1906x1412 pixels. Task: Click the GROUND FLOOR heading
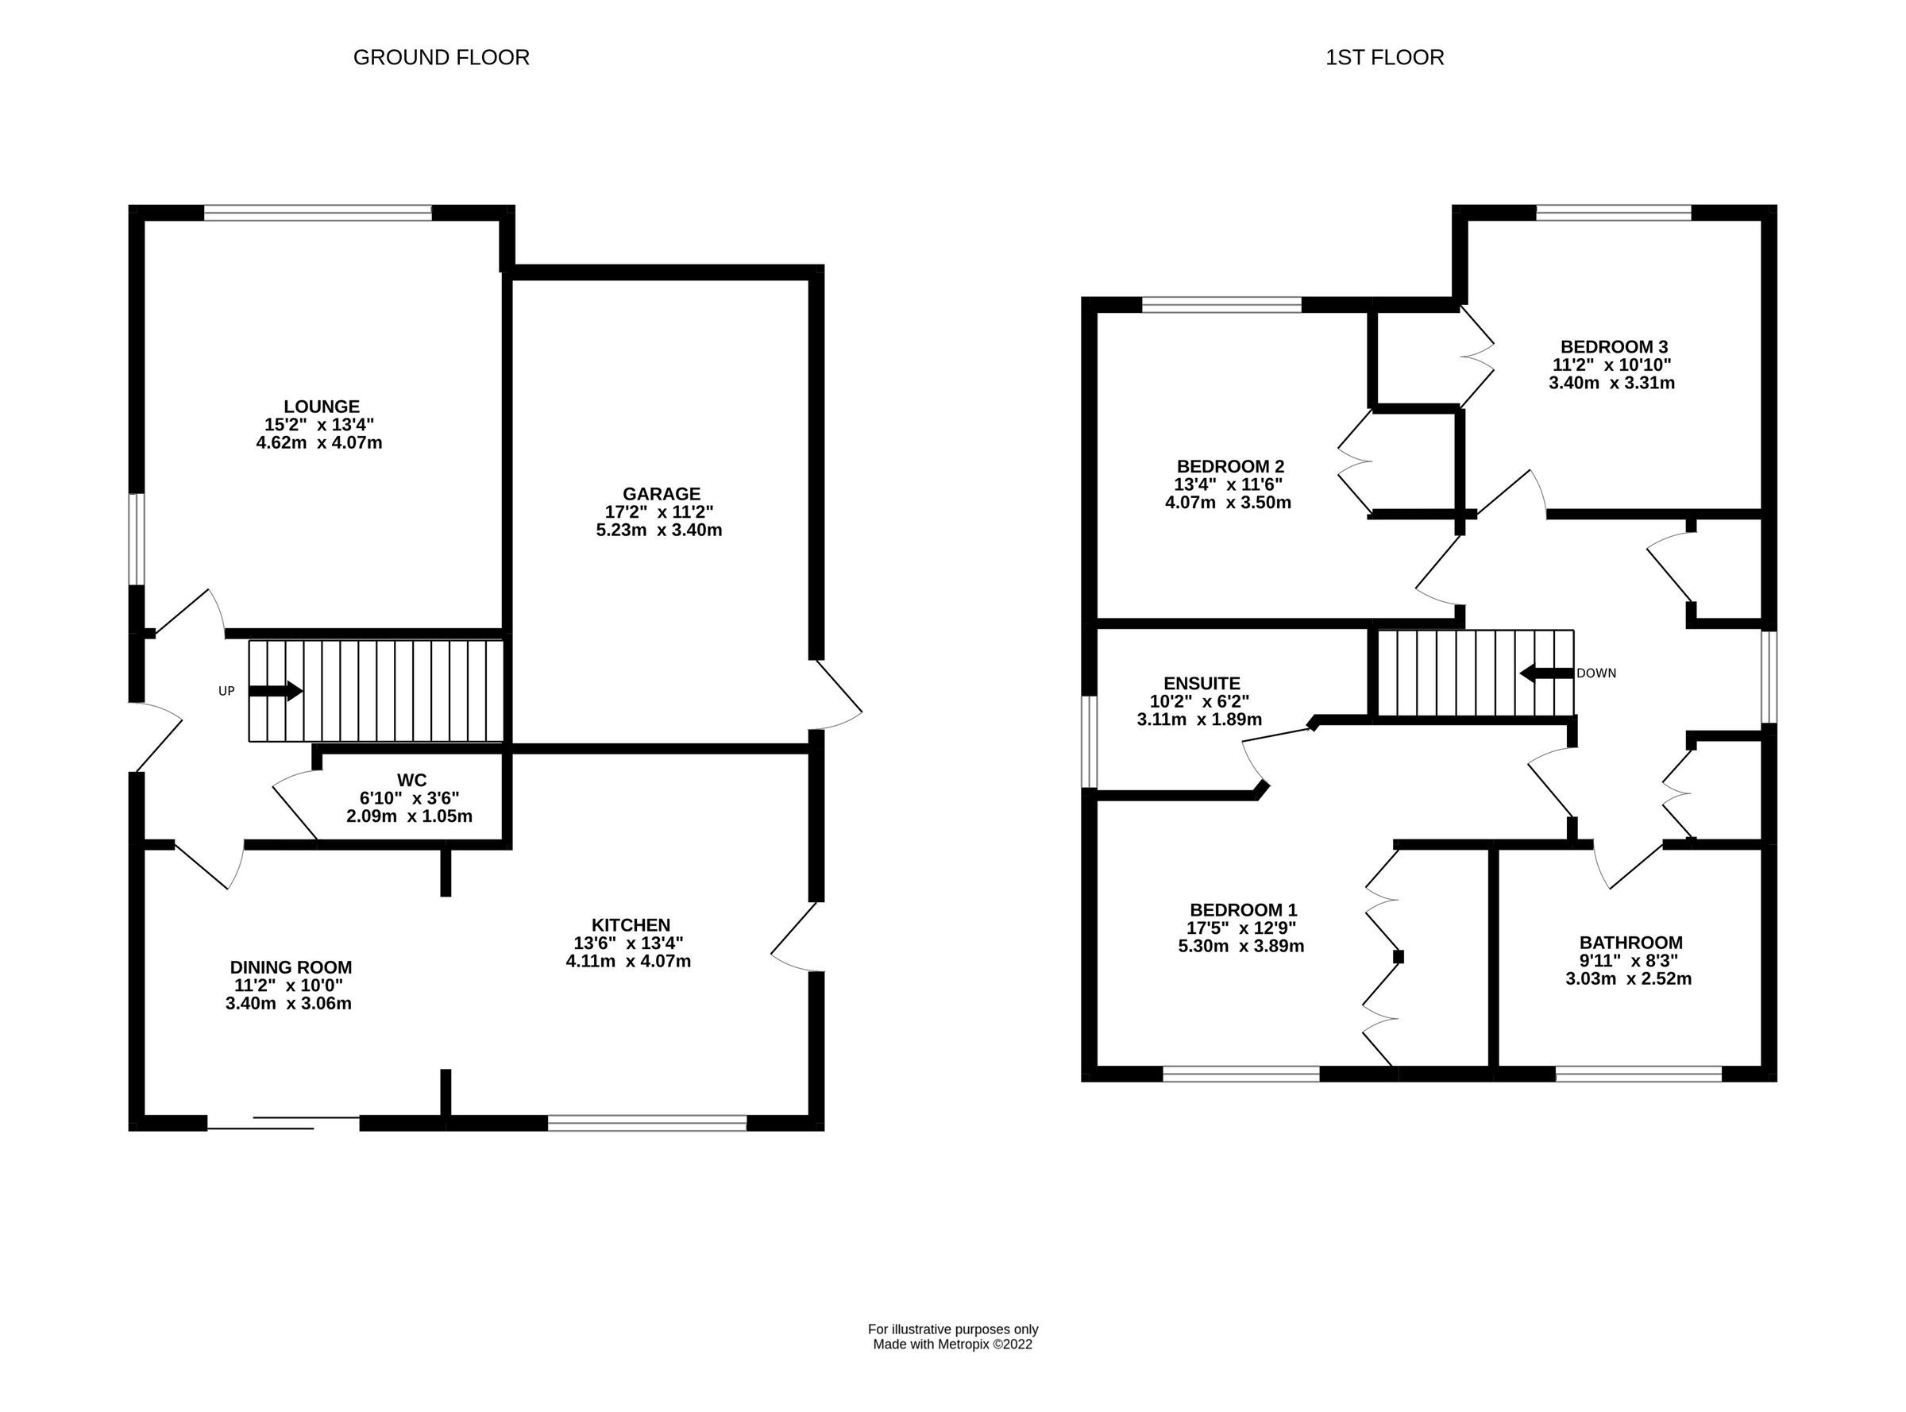pyautogui.click(x=441, y=57)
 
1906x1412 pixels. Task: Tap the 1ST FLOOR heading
pyautogui.click(x=1383, y=57)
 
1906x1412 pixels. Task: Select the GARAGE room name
pyautogui.click(x=661, y=494)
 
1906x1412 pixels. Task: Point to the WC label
pyautogui.click(x=411, y=780)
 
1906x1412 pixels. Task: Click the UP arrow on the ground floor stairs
pyautogui.click(x=276, y=691)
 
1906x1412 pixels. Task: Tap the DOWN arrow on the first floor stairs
pyautogui.click(x=1546, y=673)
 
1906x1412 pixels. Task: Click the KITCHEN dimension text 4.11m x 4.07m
pyautogui.click(x=628, y=961)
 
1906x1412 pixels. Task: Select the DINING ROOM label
pyautogui.click(x=291, y=967)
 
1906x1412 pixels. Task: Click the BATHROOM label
pyautogui.click(x=1630, y=943)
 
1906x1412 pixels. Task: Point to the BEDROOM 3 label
pyautogui.click(x=1613, y=347)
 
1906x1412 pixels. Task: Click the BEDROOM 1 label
pyautogui.click(x=1243, y=910)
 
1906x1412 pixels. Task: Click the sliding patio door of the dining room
pyautogui.click(x=284, y=1123)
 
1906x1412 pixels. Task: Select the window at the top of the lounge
pyautogui.click(x=317, y=213)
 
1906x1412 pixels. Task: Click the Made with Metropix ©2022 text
pyautogui.click(x=952, y=1344)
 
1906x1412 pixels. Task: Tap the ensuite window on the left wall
pyautogui.click(x=1089, y=741)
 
